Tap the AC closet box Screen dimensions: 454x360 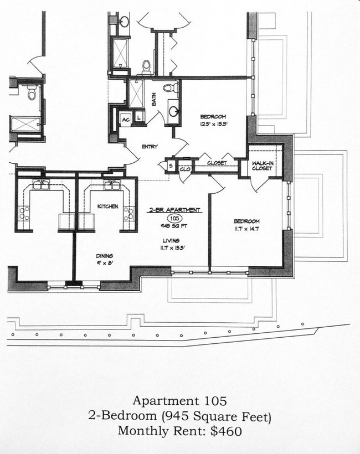[x=126, y=120]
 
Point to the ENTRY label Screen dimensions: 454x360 [x=150, y=147]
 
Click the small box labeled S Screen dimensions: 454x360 [x=170, y=165]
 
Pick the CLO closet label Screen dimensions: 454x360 [x=184, y=168]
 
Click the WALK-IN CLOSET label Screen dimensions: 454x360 [x=261, y=166]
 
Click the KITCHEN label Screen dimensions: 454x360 [x=108, y=207]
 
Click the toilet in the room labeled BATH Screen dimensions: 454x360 [x=171, y=88]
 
